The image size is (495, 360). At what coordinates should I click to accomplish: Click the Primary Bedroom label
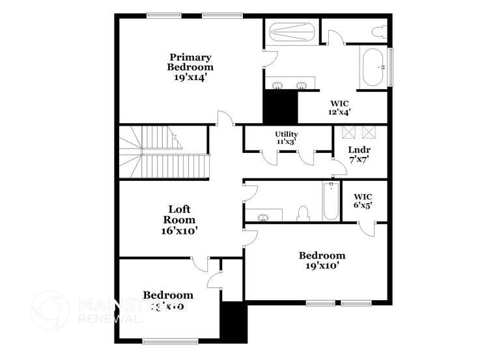click(x=190, y=62)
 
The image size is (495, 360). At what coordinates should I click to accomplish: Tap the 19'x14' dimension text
click(x=190, y=77)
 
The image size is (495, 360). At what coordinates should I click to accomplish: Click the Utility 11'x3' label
click(x=286, y=137)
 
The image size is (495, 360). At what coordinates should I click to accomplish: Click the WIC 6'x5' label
click(x=363, y=201)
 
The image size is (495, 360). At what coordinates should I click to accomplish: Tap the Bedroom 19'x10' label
click(x=322, y=260)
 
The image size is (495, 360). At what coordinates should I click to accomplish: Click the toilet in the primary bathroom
click(x=378, y=31)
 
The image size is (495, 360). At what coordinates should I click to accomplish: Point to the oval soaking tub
click(x=373, y=66)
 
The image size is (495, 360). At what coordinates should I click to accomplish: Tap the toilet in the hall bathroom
click(x=303, y=213)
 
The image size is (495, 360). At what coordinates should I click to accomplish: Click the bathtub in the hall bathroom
click(x=330, y=201)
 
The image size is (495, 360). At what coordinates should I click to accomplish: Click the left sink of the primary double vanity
click(x=277, y=85)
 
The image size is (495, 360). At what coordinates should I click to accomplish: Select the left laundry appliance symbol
click(x=350, y=132)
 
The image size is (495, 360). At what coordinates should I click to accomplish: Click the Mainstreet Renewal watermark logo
click(x=49, y=310)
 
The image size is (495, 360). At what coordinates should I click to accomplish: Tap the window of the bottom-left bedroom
click(x=170, y=340)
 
